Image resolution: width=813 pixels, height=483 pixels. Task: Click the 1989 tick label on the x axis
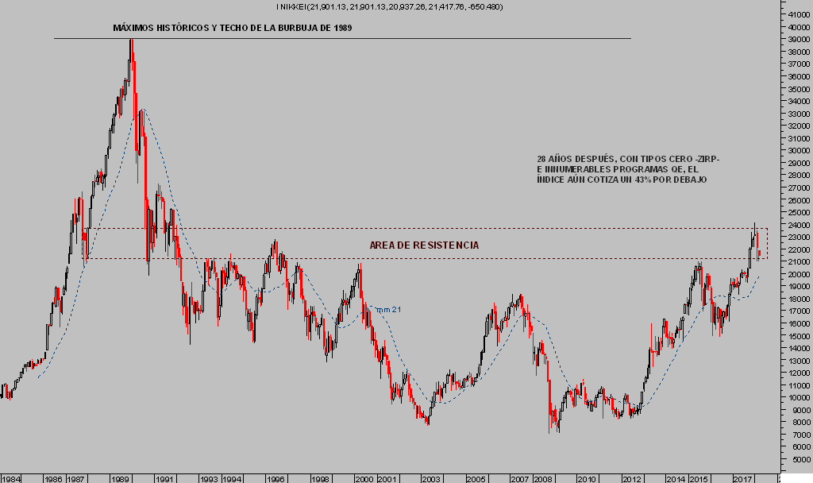tap(121, 479)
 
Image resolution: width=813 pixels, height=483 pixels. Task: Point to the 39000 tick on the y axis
tap(795, 39)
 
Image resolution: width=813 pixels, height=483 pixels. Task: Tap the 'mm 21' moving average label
tap(387, 310)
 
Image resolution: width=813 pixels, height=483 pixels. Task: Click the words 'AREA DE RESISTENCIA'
tap(425, 245)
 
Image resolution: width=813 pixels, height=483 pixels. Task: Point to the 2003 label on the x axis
tap(431, 479)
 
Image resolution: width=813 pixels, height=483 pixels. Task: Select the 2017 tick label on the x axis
tap(742, 479)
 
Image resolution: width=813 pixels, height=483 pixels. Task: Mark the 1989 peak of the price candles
tap(131, 40)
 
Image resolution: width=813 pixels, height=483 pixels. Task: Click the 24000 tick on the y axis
tap(795, 224)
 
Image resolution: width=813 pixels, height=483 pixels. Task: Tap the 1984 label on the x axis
tap(10, 479)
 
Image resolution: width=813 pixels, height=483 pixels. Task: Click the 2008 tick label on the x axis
tap(542, 479)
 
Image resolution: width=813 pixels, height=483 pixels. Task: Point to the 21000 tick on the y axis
tap(795, 261)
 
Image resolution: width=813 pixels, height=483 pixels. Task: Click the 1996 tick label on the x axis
tap(276, 479)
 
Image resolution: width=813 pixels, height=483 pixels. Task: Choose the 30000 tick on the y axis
tap(795, 150)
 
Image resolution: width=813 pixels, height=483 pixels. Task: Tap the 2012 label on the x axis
tap(631, 479)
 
